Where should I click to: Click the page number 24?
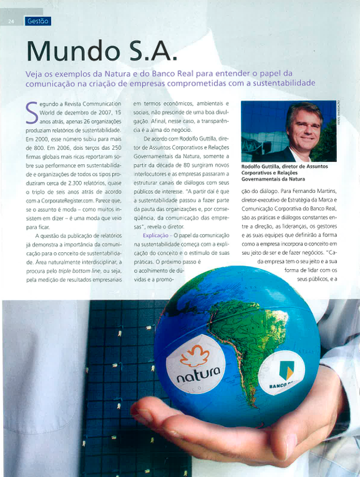pyautogui.click(x=11, y=21)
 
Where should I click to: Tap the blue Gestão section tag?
pyautogui.click(x=37, y=21)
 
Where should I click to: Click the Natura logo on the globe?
pyautogui.click(x=198, y=368)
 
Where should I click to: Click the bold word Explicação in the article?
pyautogui.click(x=155, y=235)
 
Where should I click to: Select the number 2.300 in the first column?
pyautogui.click(x=79, y=173)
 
